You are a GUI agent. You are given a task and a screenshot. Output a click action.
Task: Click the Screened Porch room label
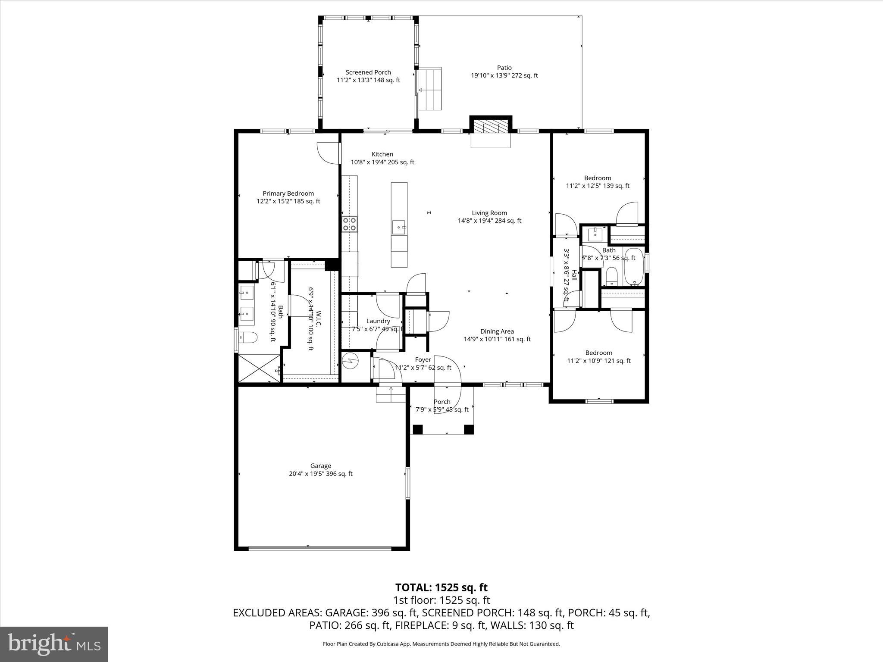(368, 72)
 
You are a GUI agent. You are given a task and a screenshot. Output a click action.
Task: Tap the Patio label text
(504, 68)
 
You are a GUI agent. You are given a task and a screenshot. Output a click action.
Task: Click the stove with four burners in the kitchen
(349, 224)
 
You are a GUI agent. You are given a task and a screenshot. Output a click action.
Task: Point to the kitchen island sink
(399, 227)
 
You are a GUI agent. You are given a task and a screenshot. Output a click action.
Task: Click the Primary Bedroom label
(288, 194)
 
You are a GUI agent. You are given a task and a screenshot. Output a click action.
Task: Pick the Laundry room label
(378, 321)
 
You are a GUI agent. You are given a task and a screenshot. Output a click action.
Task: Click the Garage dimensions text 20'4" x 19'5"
(320, 474)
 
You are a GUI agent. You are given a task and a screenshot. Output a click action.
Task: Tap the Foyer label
(423, 359)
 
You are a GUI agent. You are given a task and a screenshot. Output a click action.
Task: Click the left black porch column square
(417, 429)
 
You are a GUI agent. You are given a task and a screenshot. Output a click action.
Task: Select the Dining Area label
(497, 331)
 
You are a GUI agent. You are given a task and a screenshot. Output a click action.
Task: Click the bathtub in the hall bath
(633, 267)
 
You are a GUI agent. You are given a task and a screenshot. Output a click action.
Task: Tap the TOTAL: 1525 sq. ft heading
(441, 587)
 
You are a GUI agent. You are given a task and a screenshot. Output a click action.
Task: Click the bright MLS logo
(54, 644)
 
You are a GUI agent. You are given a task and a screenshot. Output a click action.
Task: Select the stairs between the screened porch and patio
(430, 88)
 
